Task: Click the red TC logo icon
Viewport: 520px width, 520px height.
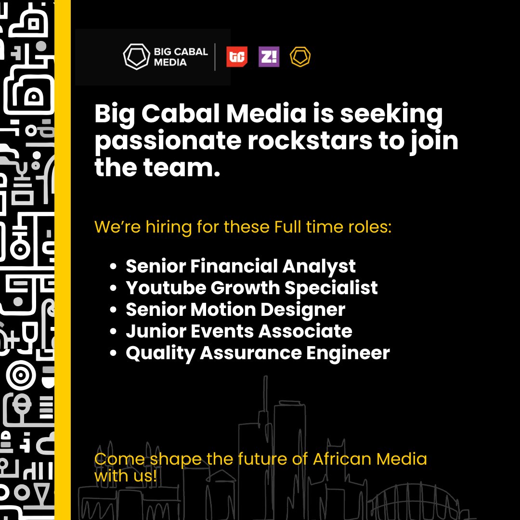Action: (x=237, y=57)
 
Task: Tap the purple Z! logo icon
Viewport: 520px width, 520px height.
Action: (x=269, y=57)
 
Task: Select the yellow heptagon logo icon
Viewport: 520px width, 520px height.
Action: (x=300, y=57)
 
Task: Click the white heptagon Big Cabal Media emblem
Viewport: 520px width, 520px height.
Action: (x=136, y=57)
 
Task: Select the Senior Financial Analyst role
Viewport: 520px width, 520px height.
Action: (x=241, y=266)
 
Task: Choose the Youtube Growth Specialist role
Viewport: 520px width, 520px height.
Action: (x=252, y=287)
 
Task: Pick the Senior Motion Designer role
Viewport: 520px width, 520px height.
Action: (x=235, y=310)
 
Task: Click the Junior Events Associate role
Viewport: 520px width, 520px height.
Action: (x=239, y=331)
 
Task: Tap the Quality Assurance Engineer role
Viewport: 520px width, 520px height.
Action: (x=258, y=353)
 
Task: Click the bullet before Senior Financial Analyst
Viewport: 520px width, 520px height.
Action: (x=114, y=266)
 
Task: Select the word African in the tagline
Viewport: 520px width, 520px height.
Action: (x=342, y=458)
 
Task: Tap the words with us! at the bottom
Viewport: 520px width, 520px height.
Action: (x=126, y=476)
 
